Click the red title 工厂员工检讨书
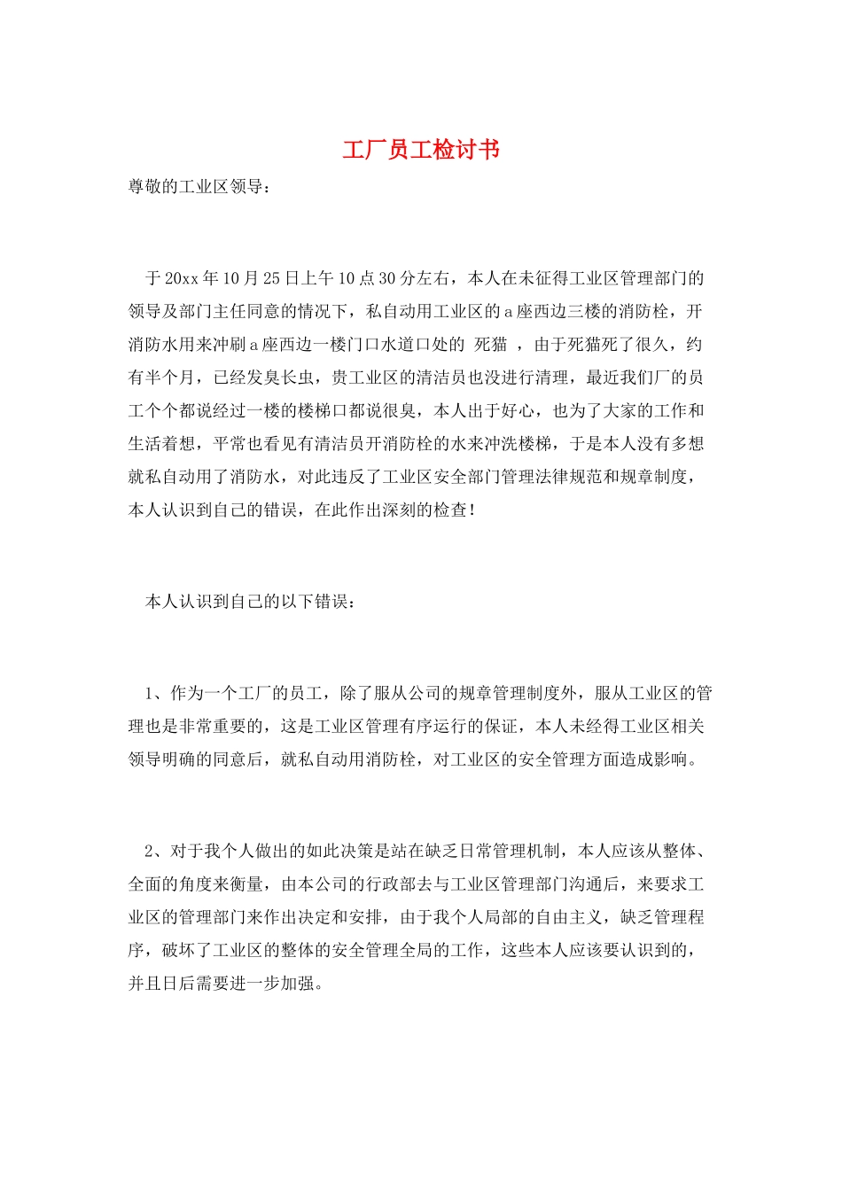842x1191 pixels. [421, 150]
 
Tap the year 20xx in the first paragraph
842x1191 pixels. [183, 278]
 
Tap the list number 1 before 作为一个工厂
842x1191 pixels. [150, 693]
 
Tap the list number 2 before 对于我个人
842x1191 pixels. [150, 851]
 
